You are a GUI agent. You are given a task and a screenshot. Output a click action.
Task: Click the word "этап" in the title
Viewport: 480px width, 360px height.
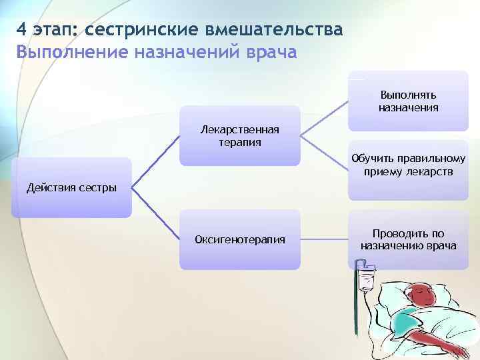(55, 30)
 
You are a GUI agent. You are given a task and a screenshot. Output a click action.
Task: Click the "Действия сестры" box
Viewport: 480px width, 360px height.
(71, 187)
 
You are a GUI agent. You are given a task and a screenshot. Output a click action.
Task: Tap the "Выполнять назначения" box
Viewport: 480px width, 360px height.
(408, 101)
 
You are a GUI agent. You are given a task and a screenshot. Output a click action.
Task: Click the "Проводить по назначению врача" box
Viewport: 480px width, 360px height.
(408, 239)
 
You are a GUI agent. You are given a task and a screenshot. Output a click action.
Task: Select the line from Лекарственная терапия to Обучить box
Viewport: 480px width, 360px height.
(325, 153)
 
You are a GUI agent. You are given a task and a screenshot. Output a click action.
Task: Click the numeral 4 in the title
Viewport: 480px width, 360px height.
(22, 30)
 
